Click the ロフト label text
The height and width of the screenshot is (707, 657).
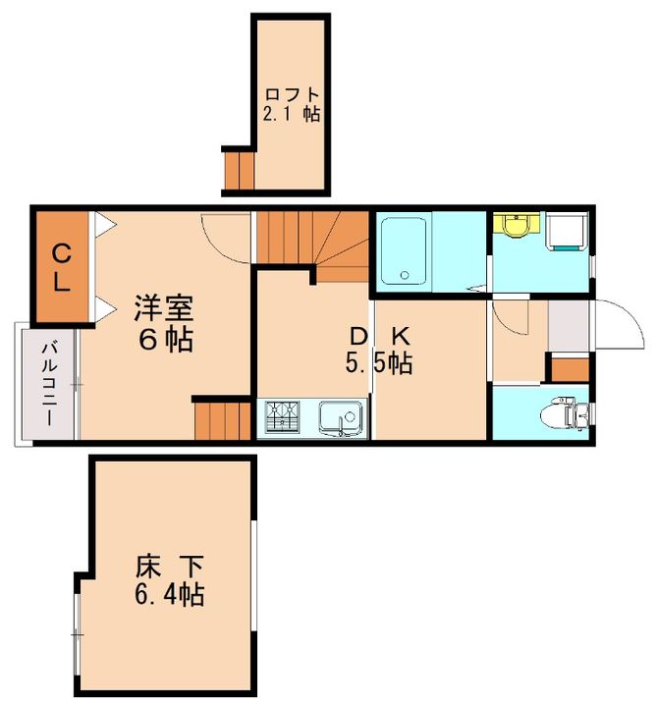click(x=292, y=95)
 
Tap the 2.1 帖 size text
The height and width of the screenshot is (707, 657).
click(x=292, y=114)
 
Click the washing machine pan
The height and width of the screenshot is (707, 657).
click(x=567, y=233)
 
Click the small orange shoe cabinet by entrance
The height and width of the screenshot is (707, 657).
click(x=568, y=369)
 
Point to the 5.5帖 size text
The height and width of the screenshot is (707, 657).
click(x=377, y=363)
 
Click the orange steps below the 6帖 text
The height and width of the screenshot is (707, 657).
click(x=223, y=419)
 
